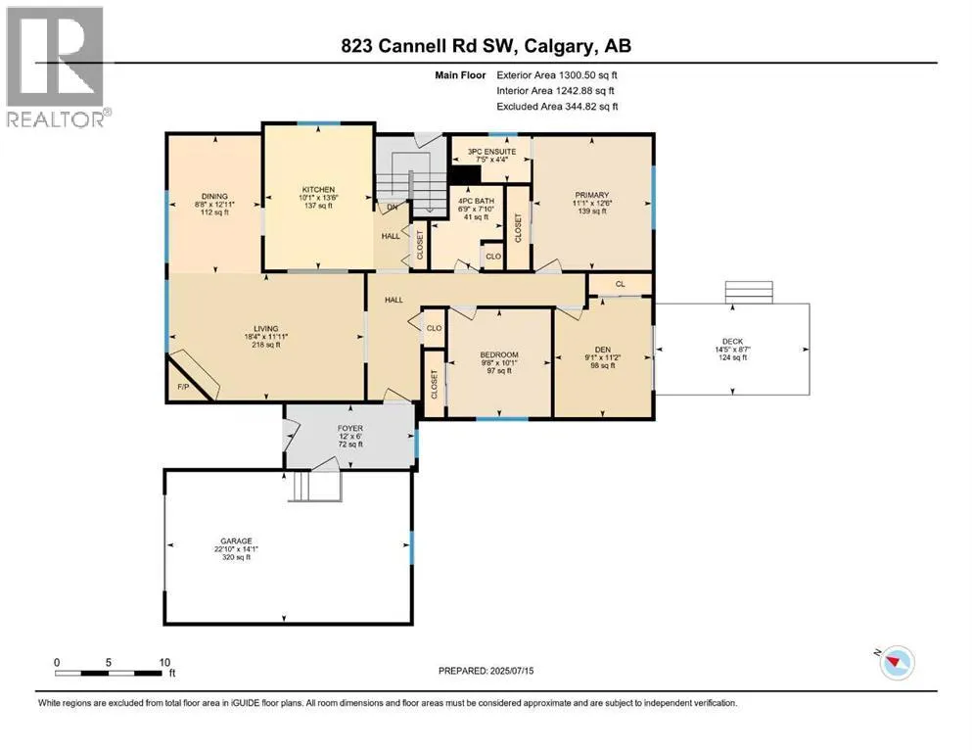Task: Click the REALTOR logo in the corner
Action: pyautogui.click(x=55, y=67)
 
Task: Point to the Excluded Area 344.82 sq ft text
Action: pyautogui.click(x=556, y=107)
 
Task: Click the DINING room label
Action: pyautogui.click(x=214, y=196)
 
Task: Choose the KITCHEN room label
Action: pyautogui.click(x=318, y=189)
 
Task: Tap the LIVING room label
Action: pyautogui.click(x=265, y=328)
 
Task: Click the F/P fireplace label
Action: pyautogui.click(x=183, y=388)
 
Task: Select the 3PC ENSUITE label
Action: pyautogui.click(x=488, y=152)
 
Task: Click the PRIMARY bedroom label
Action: pyautogui.click(x=591, y=197)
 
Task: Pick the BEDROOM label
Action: pyautogui.click(x=498, y=353)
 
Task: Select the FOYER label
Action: pyautogui.click(x=349, y=427)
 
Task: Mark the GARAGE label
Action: pyautogui.click(x=236, y=540)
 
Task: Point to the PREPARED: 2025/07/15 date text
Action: pyautogui.click(x=486, y=671)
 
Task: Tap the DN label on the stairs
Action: pyautogui.click(x=391, y=207)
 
